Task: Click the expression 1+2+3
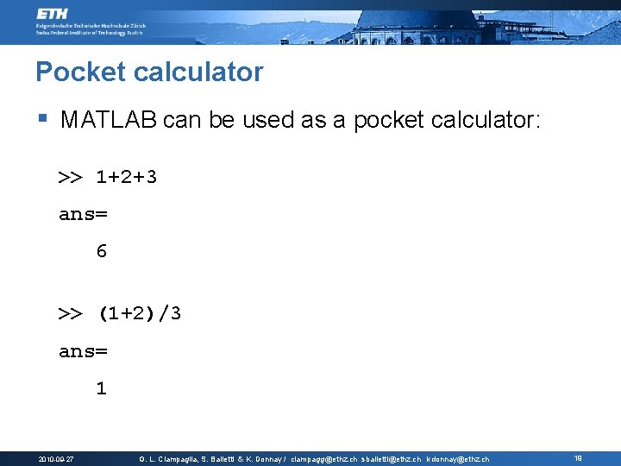(126, 178)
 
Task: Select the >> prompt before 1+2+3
(70, 178)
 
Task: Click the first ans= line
(83, 215)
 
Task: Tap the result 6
(102, 252)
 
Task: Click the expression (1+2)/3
(139, 313)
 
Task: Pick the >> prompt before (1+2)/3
(70, 313)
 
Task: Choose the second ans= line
(83, 351)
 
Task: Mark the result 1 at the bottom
(102, 389)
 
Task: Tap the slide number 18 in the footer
(577, 458)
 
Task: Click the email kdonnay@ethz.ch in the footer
(457, 459)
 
